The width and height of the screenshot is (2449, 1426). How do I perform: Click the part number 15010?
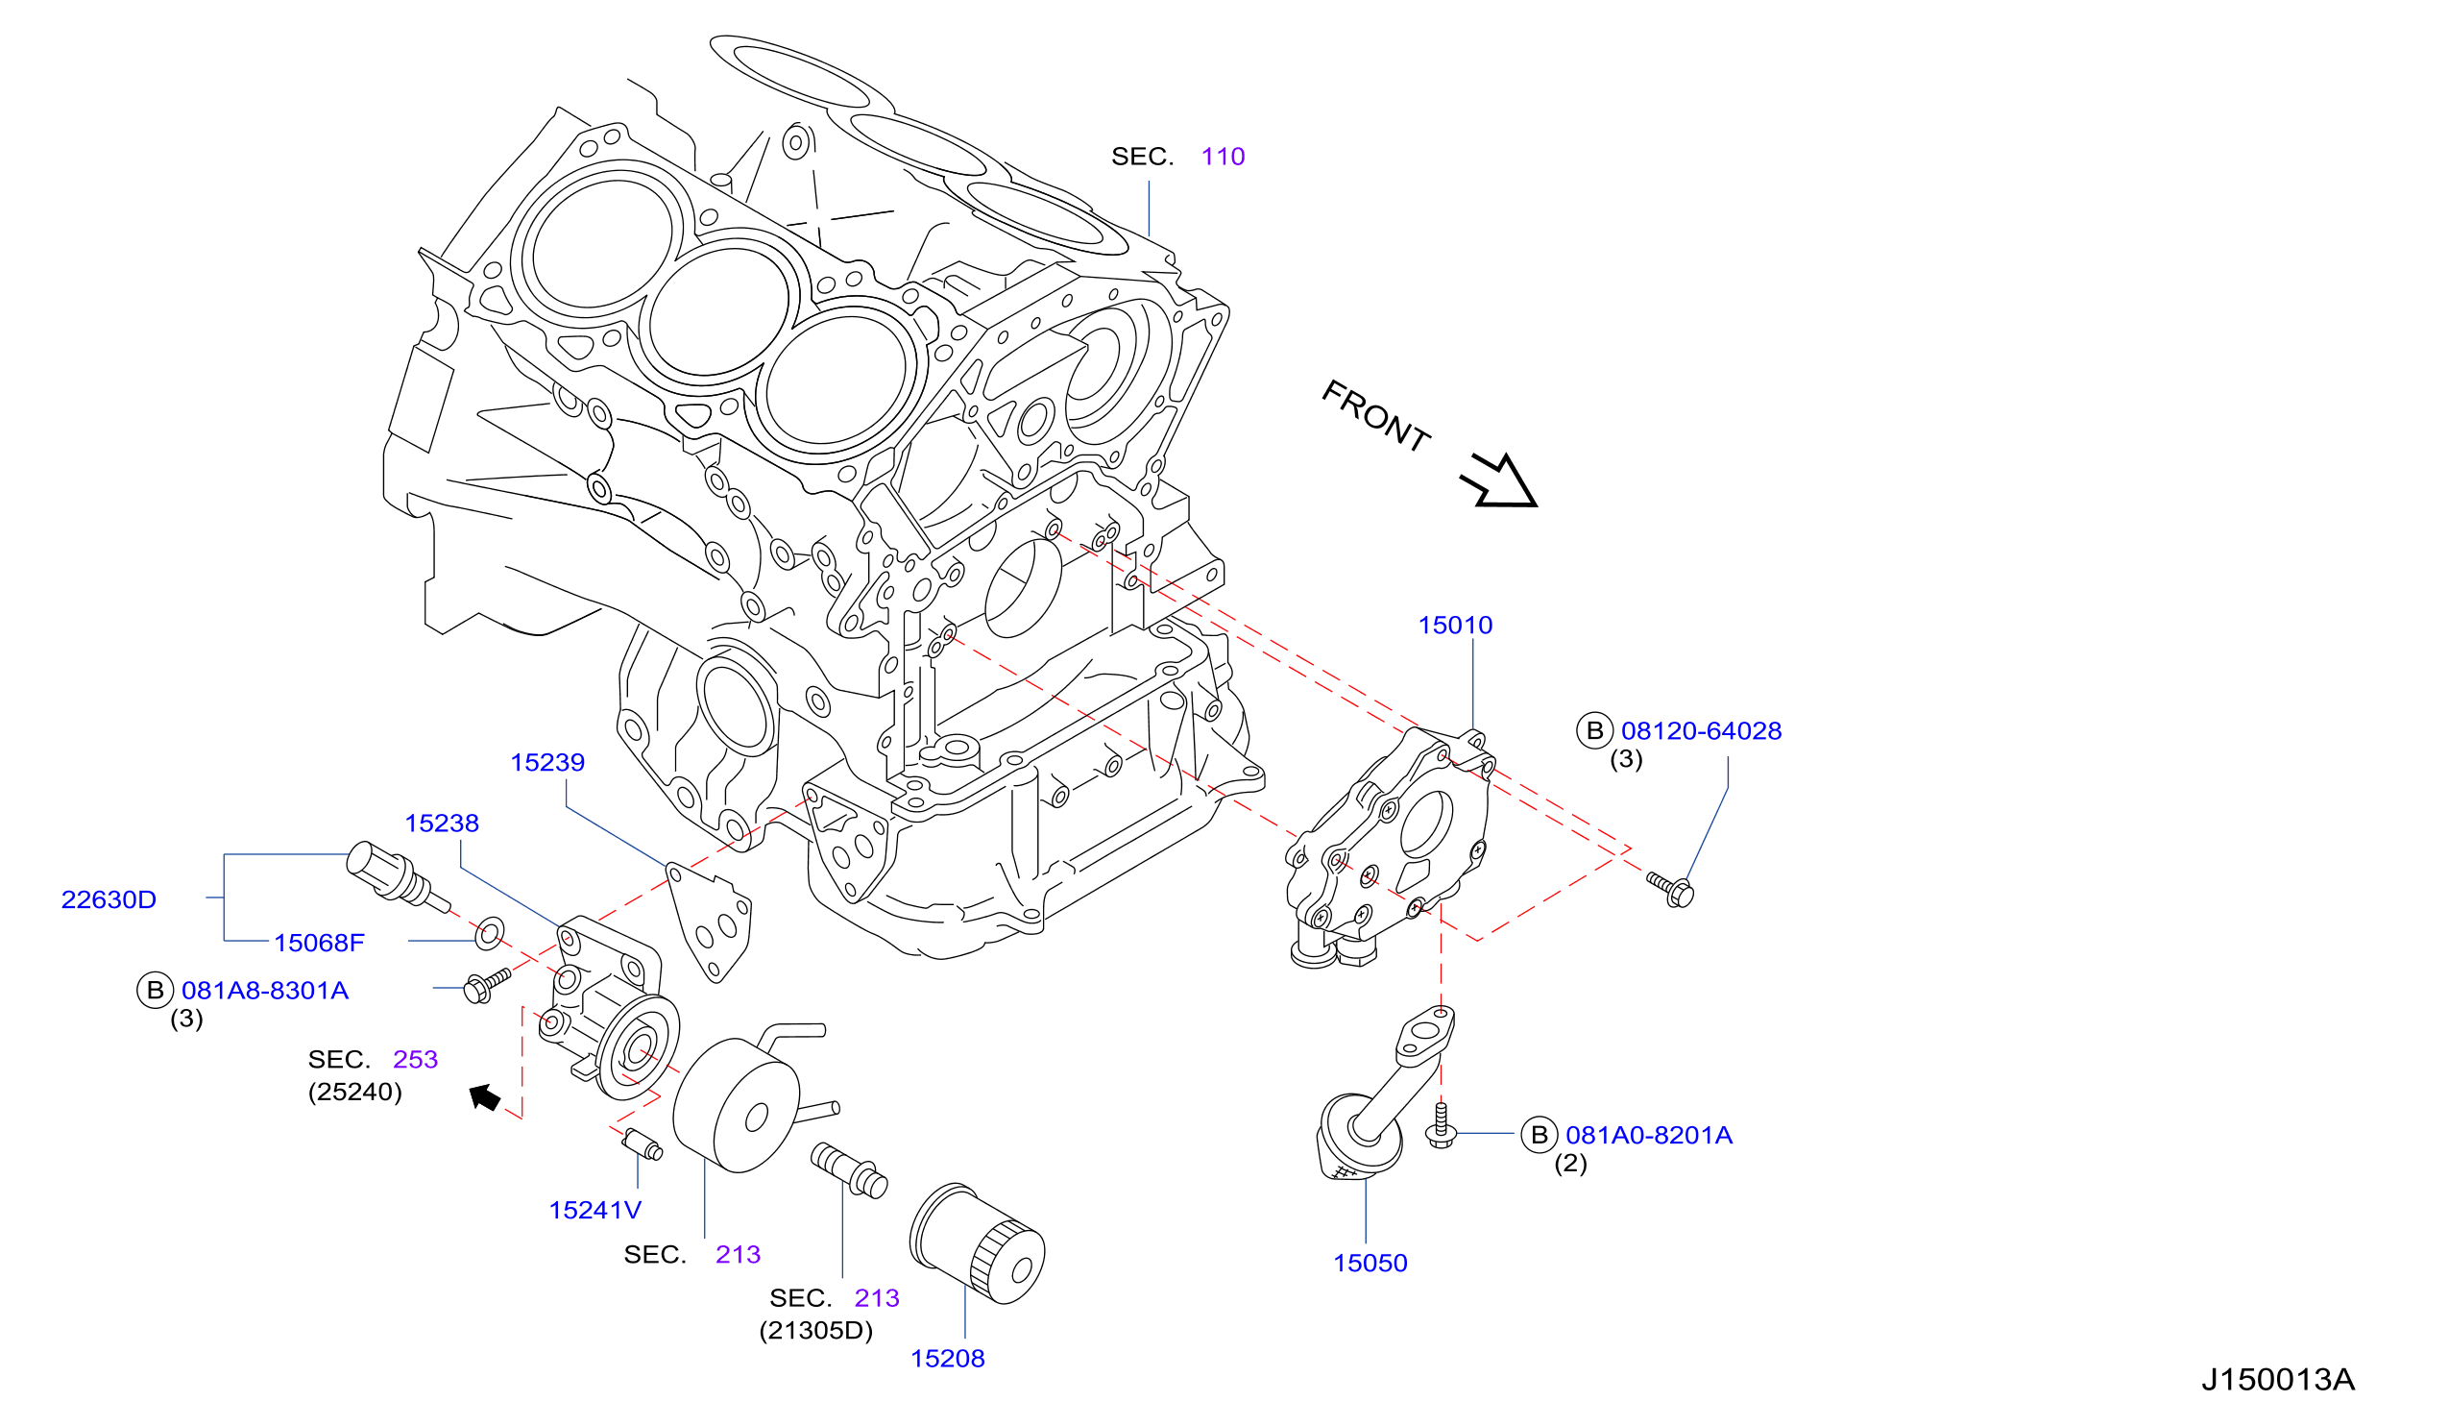(1455, 625)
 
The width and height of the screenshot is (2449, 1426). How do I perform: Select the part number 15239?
(547, 762)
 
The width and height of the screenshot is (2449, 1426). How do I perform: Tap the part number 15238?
(441, 824)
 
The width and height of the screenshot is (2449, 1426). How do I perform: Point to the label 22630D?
(109, 899)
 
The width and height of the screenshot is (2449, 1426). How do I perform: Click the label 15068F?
(319, 942)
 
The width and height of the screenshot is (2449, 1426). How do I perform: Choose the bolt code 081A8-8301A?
(264, 990)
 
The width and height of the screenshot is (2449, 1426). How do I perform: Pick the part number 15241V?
(594, 1209)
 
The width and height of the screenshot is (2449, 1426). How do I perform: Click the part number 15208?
(948, 1358)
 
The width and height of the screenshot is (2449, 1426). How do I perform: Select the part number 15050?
(1370, 1263)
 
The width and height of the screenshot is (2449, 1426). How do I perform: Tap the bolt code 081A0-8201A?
(1649, 1135)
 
